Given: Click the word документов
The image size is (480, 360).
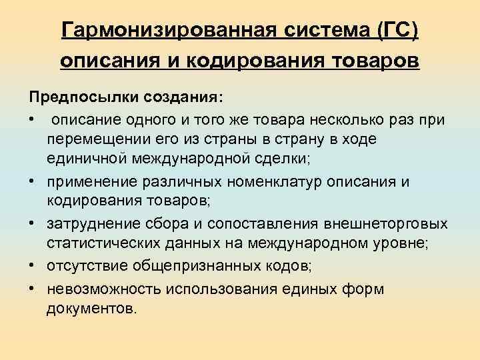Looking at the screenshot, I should pyautogui.click(x=90, y=309).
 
